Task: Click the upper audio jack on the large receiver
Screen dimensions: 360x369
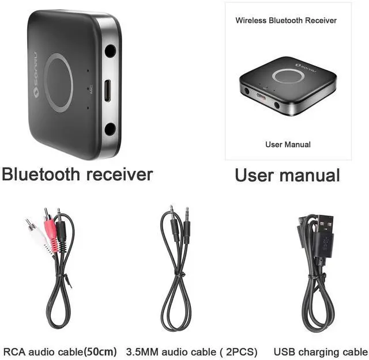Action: coord(110,51)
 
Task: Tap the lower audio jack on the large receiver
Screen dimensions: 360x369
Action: coord(110,128)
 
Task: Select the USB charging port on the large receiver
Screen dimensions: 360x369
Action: coord(107,90)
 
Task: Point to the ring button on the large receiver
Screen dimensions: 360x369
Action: coord(59,82)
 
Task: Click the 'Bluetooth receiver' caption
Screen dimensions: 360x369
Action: coord(77,175)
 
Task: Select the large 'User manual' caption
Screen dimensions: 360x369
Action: coord(287,175)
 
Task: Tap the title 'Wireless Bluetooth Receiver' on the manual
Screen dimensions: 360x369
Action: coord(286,21)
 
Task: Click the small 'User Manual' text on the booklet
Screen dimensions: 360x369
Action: coord(288,145)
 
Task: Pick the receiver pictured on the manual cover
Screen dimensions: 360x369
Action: coord(287,85)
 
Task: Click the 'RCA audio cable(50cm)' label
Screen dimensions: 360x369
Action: coord(60,351)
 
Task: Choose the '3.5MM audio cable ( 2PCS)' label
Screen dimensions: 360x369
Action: coord(191,351)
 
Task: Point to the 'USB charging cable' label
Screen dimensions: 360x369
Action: coord(320,351)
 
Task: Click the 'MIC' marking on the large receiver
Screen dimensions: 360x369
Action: coord(91,90)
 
